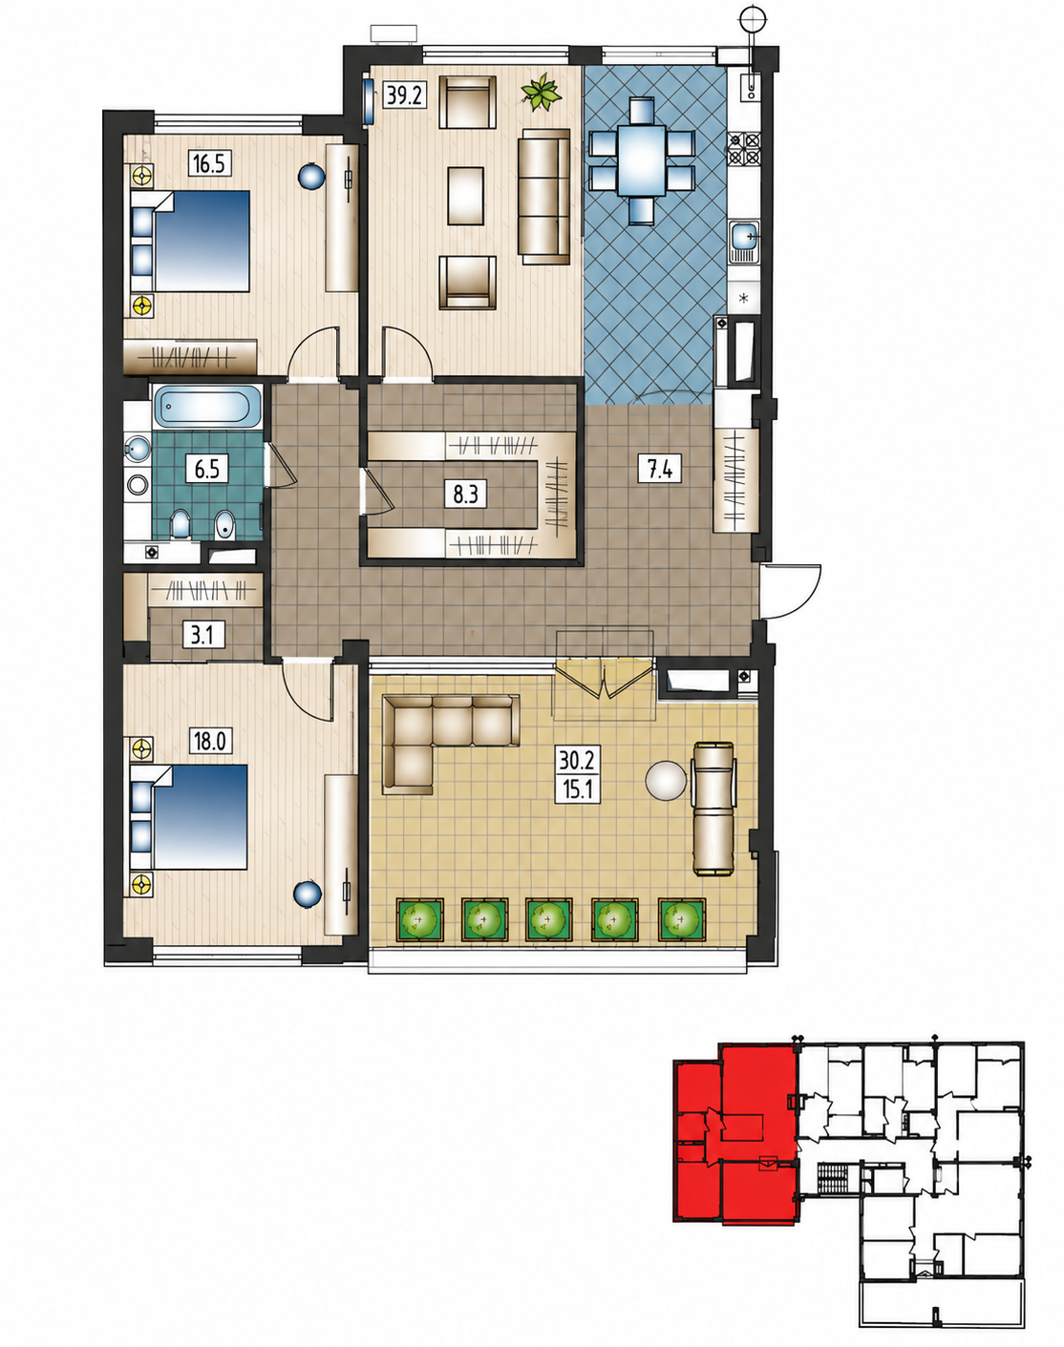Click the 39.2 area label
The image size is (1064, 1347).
[405, 95]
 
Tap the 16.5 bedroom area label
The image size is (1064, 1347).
[209, 163]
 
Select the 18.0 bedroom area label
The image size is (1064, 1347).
[210, 741]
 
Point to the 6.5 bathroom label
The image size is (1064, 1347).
[206, 468]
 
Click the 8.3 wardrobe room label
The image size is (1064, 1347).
[465, 494]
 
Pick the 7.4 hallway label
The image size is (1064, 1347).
[660, 468]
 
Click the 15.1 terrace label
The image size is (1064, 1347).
[578, 789]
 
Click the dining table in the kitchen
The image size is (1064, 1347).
[641, 160]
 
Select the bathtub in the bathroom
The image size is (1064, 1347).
[206, 406]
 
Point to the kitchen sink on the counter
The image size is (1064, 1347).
[745, 242]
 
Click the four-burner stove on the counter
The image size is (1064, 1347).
[745, 149]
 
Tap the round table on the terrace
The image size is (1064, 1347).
[666, 780]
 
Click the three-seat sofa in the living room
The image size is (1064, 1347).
[544, 197]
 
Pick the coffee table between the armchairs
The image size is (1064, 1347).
[465, 196]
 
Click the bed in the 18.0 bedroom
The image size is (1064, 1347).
[189, 817]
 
